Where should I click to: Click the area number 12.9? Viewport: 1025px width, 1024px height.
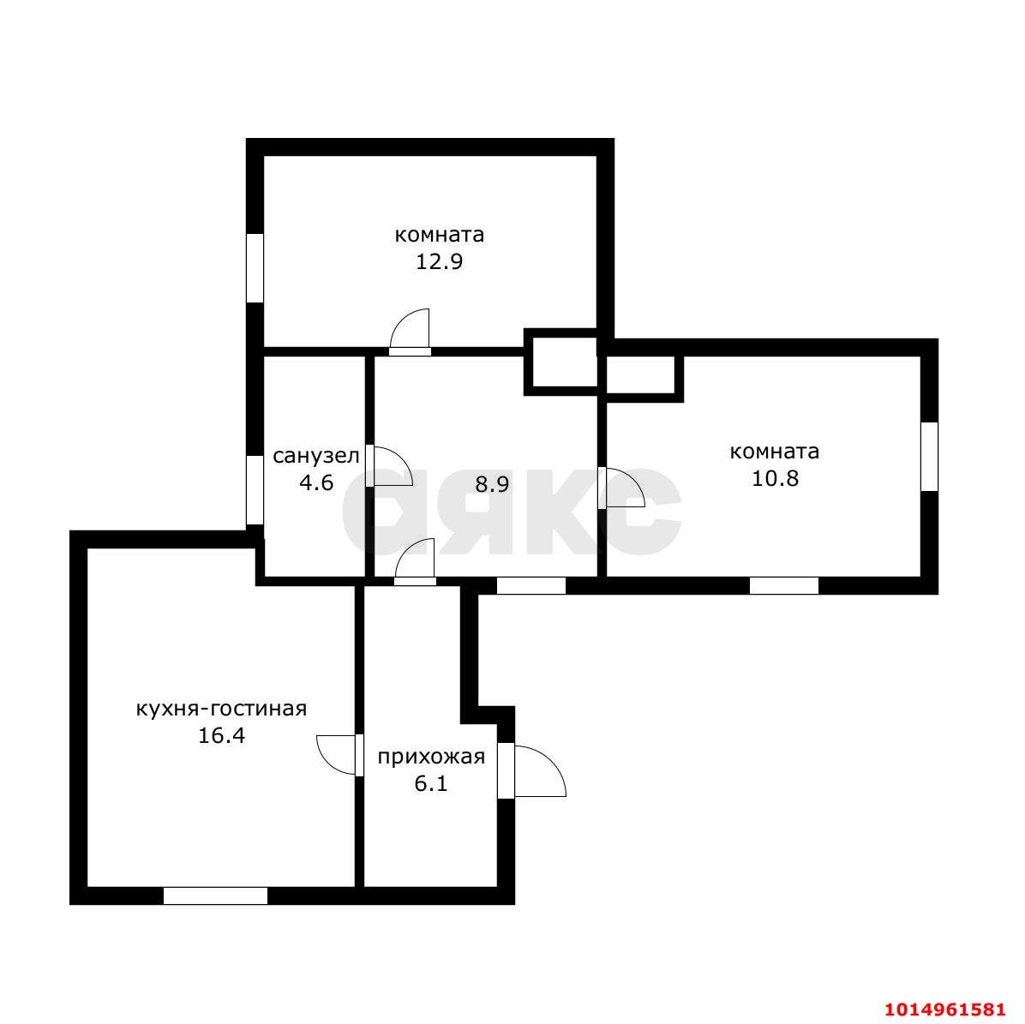pyautogui.click(x=440, y=261)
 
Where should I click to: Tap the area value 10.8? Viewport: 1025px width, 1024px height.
pyautogui.click(x=775, y=478)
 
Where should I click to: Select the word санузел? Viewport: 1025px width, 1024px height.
pyautogui.click(x=315, y=456)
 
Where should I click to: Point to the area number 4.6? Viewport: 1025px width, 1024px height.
pyautogui.click(x=315, y=483)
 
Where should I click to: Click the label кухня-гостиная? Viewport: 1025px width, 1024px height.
pyautogui.click(x=222, y=709)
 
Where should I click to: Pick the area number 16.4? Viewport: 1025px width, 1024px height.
pyautogui.click(x=222, y=736)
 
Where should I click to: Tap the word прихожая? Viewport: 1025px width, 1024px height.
pyautogui.click(x=431, y=757)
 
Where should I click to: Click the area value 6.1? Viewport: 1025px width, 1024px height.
pyautogui.click(x=431, y=783)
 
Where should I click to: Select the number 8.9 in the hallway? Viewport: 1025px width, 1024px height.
pyautogui.click(x=492, y=484)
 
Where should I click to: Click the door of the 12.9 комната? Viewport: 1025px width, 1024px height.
pyautogui.click(x=410, y=332)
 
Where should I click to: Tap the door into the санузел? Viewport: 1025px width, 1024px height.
pyautogui.click(x=389, y=466)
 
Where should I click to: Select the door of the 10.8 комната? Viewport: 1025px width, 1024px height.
pyautogui.click(x=621, y=487)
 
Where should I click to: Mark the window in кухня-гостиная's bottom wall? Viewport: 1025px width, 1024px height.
pyautogui.click(x=215, y=896)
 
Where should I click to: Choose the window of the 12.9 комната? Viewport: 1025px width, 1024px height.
pyautogui.click(x=255, y=268)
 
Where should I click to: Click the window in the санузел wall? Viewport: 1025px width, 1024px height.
pyautogui.click(x=255, y=490)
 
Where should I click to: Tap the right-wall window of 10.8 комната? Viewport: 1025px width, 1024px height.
pyautogui.click(x=930, y=457)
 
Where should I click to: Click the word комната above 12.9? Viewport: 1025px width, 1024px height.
pyautogui.click(x=440, y=235)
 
